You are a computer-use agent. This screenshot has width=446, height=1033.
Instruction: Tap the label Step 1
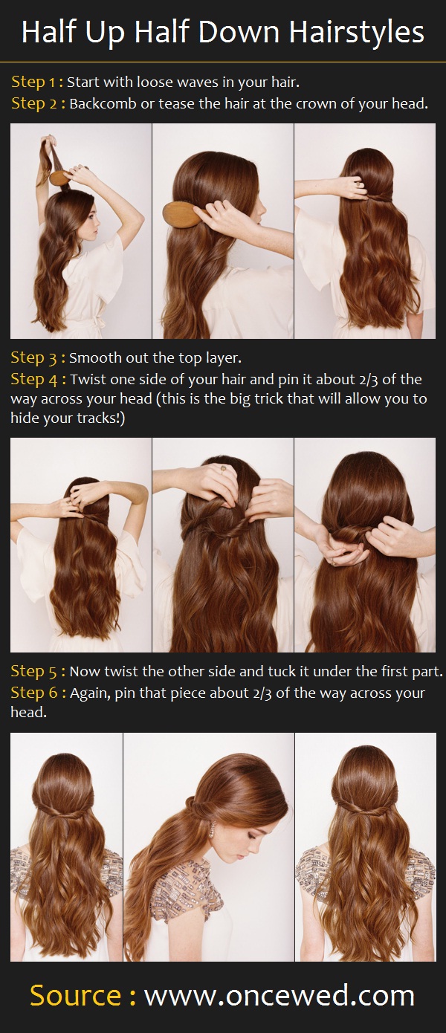click(33, 82)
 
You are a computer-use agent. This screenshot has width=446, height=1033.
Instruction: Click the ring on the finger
click(222, 469)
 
